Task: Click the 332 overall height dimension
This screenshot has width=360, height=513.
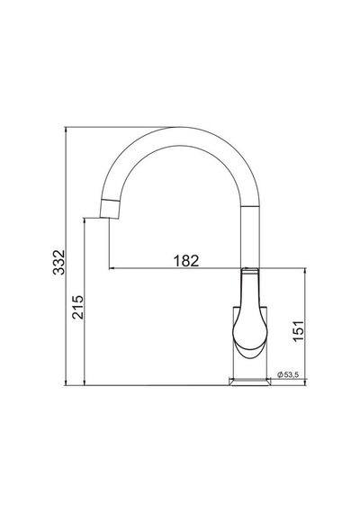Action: point(59,262)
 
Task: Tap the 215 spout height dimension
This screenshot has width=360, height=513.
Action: point(78,307)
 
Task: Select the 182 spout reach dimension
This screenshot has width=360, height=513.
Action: point(186,261)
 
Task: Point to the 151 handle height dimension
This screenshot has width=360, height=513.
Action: point(298,331)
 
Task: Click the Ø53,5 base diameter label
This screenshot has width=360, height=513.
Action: point(288,375)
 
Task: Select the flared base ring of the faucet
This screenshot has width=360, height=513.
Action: point(250,382)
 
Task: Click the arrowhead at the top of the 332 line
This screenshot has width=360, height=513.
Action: point(66,130)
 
